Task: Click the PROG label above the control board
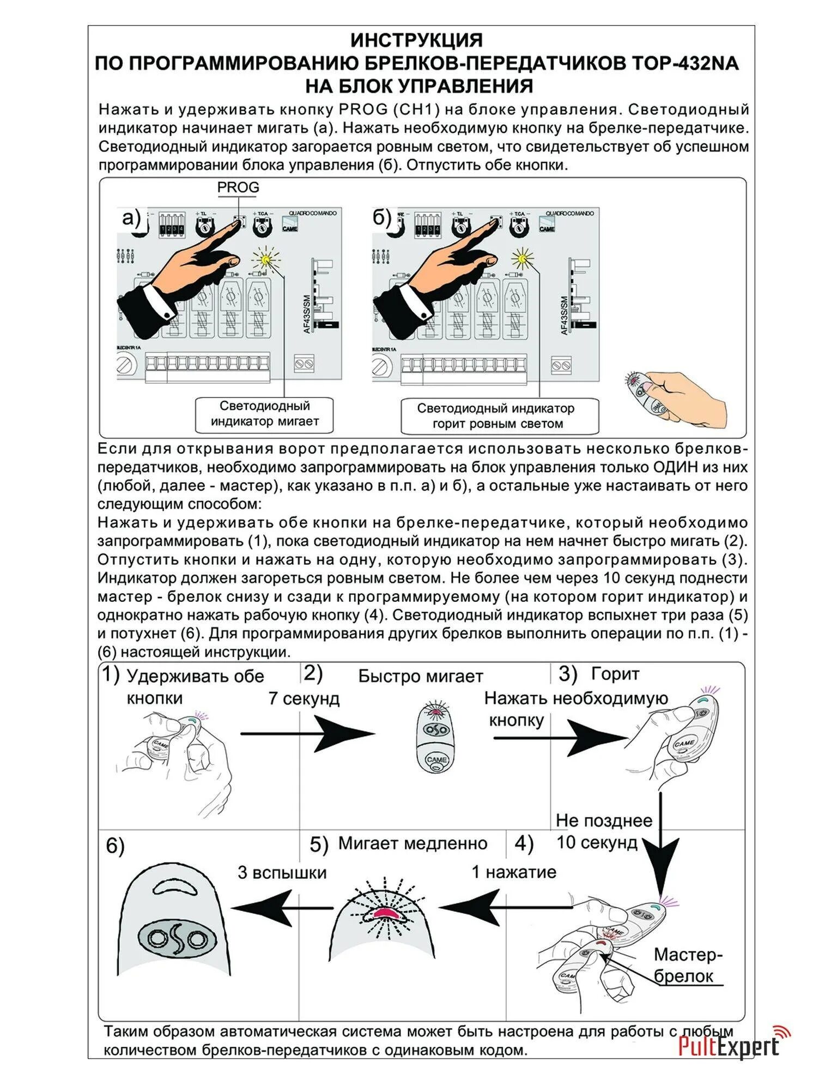[x=238, y=187]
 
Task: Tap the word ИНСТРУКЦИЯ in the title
[x=416, y=40]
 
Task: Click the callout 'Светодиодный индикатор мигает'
[x=264, y=414]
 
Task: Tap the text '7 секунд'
[x=304, y=699]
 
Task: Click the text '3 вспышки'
[x=282, y=872]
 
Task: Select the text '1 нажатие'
[x=513, y=872]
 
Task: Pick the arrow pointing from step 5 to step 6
[x=282, y=908]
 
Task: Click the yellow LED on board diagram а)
[x=266, y=260]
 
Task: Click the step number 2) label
[x=313, y=674]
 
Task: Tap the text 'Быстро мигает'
[x=420, y=677]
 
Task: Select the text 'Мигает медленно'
[x=412, y=843]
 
